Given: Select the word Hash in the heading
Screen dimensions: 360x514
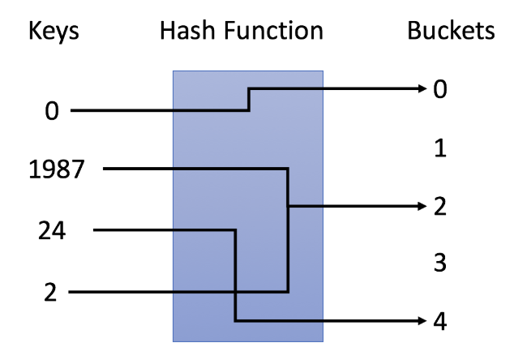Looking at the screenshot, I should point(187,32).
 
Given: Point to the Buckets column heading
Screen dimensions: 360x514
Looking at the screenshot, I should point(451,32).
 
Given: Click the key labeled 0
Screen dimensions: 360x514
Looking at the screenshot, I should point(52,111).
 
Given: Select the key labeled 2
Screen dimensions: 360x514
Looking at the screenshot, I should point(51,291).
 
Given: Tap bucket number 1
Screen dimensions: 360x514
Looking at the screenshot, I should point(439,148).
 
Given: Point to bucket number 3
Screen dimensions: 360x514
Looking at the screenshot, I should point(439,264).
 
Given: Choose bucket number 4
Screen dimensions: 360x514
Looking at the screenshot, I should point(439,322).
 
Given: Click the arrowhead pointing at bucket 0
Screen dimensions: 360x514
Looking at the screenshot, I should point(421,88).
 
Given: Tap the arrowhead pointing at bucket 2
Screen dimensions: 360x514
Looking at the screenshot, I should point(421,207).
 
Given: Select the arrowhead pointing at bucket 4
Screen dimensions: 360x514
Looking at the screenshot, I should point(421,322).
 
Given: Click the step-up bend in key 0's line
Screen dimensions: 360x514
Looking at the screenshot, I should point(248,100).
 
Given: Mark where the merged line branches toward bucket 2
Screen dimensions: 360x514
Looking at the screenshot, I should point(289,207).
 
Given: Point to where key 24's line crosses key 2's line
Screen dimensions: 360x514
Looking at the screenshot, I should point(235,291).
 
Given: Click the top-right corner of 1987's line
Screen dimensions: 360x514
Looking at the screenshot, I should point(289,169).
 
